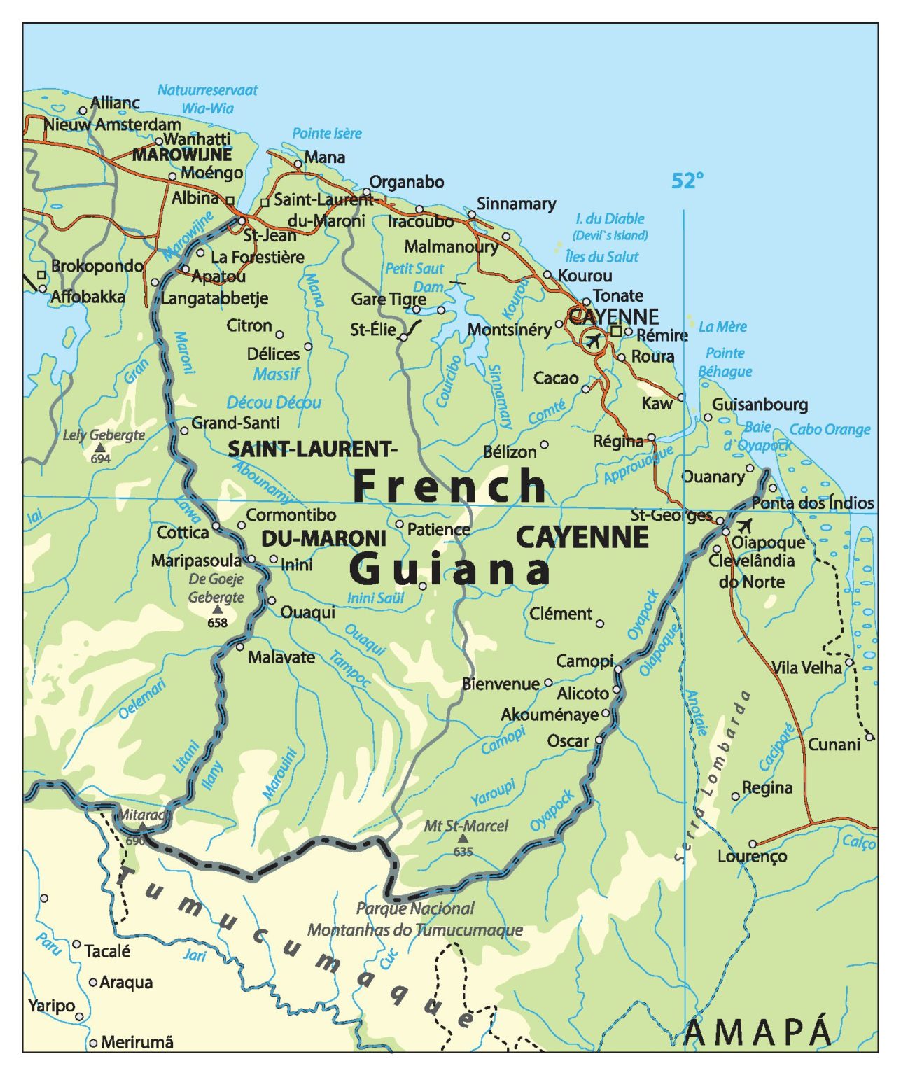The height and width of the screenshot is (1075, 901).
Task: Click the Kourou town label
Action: (x=585, y=276)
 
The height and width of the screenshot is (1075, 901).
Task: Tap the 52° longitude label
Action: (x=687, y=181)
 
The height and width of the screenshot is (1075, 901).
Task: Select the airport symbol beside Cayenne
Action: (x=593, y=341)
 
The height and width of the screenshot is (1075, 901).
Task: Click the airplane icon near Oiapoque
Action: (x=744, y=526)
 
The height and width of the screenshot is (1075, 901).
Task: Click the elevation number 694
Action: (x=100, y=459)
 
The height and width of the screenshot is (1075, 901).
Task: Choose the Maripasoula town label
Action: (x=196, y=561)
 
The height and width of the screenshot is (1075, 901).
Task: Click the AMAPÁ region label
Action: (x=758, y=1032)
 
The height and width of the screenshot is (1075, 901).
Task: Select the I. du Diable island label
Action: (x=610, y=219)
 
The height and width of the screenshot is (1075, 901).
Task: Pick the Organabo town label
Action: (x=407, y=182)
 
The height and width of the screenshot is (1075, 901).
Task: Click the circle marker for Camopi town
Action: (x=618, y=670)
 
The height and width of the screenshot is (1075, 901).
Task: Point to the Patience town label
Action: (x=438, y=530)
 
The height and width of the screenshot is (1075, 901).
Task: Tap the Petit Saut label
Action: (x=414, y=269)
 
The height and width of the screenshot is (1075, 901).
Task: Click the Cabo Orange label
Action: (x=830, y=430)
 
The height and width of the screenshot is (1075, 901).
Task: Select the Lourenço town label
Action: (x=752, y=857)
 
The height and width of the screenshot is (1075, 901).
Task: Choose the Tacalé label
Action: (x=107, y=952)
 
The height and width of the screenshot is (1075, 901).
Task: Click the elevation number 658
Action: (x=217, y=623)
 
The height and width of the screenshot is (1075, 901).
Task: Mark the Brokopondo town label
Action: (x=97, y=266)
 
